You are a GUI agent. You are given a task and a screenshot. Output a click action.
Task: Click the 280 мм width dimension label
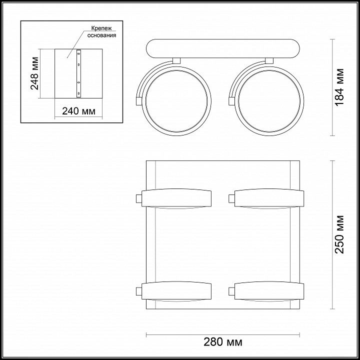pos(222,342)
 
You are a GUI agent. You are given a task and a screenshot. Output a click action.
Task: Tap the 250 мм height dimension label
pos(339,234)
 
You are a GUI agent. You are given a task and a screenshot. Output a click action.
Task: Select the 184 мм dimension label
pos(339,87)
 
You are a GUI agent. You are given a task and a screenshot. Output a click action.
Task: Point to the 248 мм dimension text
pos(34,73)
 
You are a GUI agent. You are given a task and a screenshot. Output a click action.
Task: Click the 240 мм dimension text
pos(79,111)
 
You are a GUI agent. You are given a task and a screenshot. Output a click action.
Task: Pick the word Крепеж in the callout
pos(101,28)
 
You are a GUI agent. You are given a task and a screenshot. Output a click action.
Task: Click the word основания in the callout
pos(101,35)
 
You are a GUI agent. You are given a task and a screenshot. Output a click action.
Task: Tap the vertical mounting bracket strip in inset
pos(79,73)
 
